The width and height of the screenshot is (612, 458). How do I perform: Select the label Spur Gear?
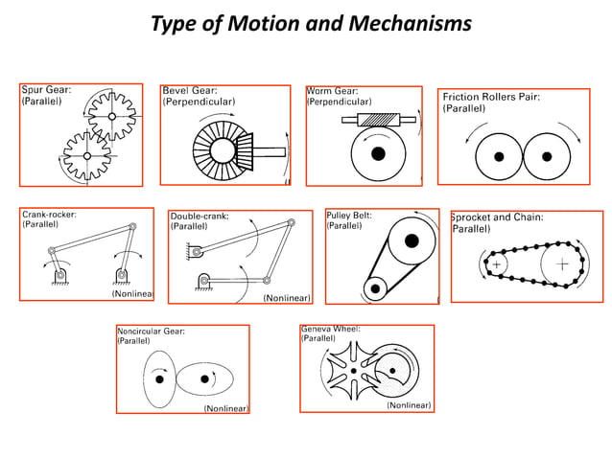click(x=46, y=89)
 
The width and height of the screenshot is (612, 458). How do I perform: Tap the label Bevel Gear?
click(x=190, y=90)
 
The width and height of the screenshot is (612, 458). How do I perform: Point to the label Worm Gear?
click(x=332, y=90)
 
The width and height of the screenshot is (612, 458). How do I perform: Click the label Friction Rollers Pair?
click(x=490, y=97)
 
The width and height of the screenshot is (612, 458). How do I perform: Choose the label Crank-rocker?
click(x=49, y=214)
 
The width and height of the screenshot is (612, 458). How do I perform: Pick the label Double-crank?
click(x=200, y=217)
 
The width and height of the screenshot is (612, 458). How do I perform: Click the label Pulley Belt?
click(x=349, y=216)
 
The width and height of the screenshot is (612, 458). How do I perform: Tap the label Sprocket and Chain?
click(x=498, y=218)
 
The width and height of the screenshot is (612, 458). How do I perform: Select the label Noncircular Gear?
click(x=151, y=332)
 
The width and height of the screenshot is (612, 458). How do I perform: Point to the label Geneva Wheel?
click(x=331, y=328)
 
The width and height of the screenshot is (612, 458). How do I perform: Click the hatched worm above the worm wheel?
click(x=377, y=121)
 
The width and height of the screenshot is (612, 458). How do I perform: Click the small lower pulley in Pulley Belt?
click(x=375, y=285)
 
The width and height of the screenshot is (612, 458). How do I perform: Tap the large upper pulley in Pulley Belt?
click(x=411, y=240)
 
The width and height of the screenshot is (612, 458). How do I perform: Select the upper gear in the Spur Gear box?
click(x=112, y=117)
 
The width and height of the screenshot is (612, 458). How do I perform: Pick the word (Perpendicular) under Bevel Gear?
click(x=199, y=102)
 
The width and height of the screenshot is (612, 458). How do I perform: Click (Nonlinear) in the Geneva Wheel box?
click(x=409, y=405)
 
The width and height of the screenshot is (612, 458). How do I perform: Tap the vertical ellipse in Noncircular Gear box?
click(x=158, y=379)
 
